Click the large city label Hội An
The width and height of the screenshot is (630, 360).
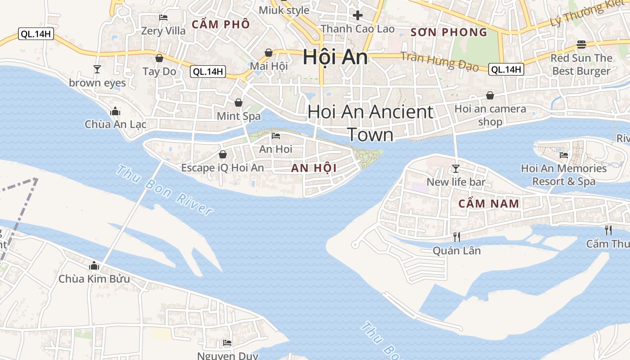pos(335,57)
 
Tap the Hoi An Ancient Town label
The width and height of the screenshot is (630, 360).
pos(370,123)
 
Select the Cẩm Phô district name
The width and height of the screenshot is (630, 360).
pos(220,24)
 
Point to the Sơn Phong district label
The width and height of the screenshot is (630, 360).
pos(449,32)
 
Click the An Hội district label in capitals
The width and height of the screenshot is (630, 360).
pos(314,168)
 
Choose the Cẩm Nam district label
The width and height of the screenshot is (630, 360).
pos(489,203)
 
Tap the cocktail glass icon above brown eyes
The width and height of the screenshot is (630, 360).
pos(97,69)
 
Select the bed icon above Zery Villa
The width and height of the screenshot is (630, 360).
pos(163,18)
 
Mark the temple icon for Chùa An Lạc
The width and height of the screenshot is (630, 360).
pos(115,111)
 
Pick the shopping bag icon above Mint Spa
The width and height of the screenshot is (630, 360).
pos(238,103)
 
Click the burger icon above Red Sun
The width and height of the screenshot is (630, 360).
pos(581,44)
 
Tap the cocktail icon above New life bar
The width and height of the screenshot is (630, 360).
pos(456,169)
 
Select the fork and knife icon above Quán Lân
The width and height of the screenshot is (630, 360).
pos(457,237)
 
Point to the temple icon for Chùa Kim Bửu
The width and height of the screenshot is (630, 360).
pos(94,265)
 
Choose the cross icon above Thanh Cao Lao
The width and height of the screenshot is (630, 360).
pos(358,16)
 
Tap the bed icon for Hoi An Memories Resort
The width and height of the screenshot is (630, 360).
pos(563,155)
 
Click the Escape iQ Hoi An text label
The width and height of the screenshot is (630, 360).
pos(222,168)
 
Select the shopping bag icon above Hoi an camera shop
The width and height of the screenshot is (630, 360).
pos(490,95)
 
